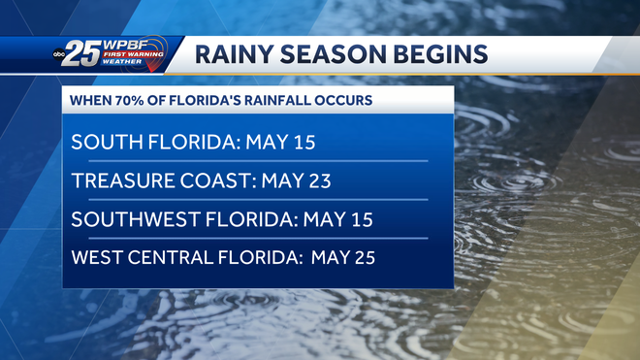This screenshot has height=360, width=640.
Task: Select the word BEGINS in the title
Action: click(437, 54)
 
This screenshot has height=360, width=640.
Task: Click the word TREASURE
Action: click(121, 181)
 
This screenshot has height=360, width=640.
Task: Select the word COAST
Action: click(215, 181)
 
